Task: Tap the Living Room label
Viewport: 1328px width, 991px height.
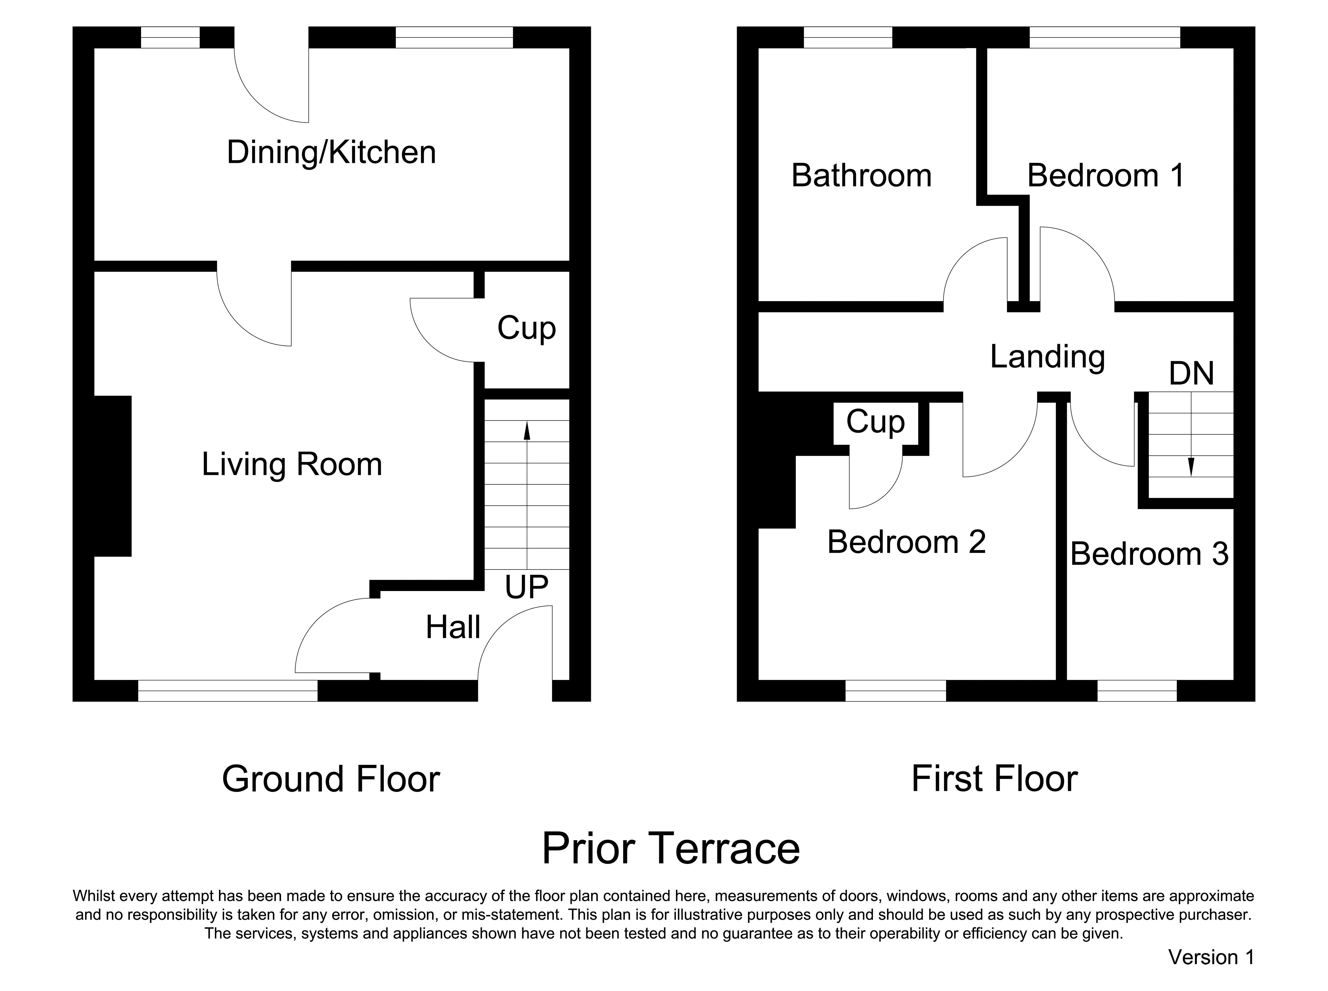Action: point(292,464)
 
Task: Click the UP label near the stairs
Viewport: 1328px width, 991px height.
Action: point(526,587)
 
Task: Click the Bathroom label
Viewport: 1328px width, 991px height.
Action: point(862,176)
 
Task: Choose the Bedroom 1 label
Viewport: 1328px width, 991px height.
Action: point(1106,176)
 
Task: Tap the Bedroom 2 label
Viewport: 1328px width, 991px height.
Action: point(906,542)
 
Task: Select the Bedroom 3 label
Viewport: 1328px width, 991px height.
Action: point(1149,554)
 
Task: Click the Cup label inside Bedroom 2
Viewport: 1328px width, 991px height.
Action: point(875,422)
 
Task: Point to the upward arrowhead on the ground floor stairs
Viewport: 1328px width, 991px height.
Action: point(527,431)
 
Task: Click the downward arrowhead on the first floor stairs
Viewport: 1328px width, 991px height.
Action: point(1191,467)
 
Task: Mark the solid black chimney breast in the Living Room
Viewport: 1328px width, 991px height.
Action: point(113,476)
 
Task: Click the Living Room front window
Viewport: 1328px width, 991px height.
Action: point(228,690)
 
